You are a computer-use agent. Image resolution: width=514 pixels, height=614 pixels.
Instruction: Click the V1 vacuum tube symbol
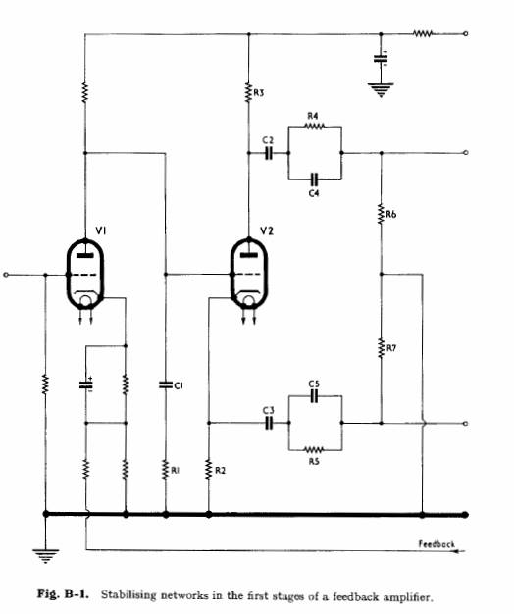click(85, 274)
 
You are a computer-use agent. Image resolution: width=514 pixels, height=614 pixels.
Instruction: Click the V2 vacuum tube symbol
click(248, 274)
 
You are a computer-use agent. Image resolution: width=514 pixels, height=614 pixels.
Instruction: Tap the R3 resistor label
click(259, 93)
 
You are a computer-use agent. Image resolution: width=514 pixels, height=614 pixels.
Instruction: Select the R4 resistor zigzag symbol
click(314, 127)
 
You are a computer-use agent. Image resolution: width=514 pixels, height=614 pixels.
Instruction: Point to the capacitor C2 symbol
click(269, 153)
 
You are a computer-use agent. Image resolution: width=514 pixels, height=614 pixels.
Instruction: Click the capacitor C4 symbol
click(314, 179)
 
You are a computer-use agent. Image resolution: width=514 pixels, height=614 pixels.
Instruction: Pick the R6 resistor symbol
click(381, 214)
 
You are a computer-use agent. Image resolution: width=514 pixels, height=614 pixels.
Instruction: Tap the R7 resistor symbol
click(381, 348)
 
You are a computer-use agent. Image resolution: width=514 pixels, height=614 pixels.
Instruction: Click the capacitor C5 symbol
click(314, 396)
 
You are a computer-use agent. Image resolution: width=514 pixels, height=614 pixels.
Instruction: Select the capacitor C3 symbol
click(269, 423)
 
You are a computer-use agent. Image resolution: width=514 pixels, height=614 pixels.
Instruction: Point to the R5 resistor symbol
click(314, 449)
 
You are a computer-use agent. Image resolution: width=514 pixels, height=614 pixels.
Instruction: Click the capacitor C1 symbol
click(166, 384)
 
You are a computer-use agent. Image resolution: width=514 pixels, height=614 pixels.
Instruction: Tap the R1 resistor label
click(176, 470)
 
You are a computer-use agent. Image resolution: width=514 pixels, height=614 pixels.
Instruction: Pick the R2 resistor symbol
click(209, 469)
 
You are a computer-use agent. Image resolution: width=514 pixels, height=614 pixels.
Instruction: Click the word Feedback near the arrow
click(437, 544)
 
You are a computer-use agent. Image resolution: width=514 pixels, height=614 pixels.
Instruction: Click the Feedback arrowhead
click(460, 551)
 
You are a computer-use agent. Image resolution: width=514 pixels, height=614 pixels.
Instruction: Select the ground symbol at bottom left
click(46, 556)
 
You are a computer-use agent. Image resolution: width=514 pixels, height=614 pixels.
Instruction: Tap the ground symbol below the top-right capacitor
click(381, 89)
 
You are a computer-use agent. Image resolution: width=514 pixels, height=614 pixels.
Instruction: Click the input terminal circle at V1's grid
click(6, 275)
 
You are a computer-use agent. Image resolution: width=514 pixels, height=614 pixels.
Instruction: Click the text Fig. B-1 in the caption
click(64, 594)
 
